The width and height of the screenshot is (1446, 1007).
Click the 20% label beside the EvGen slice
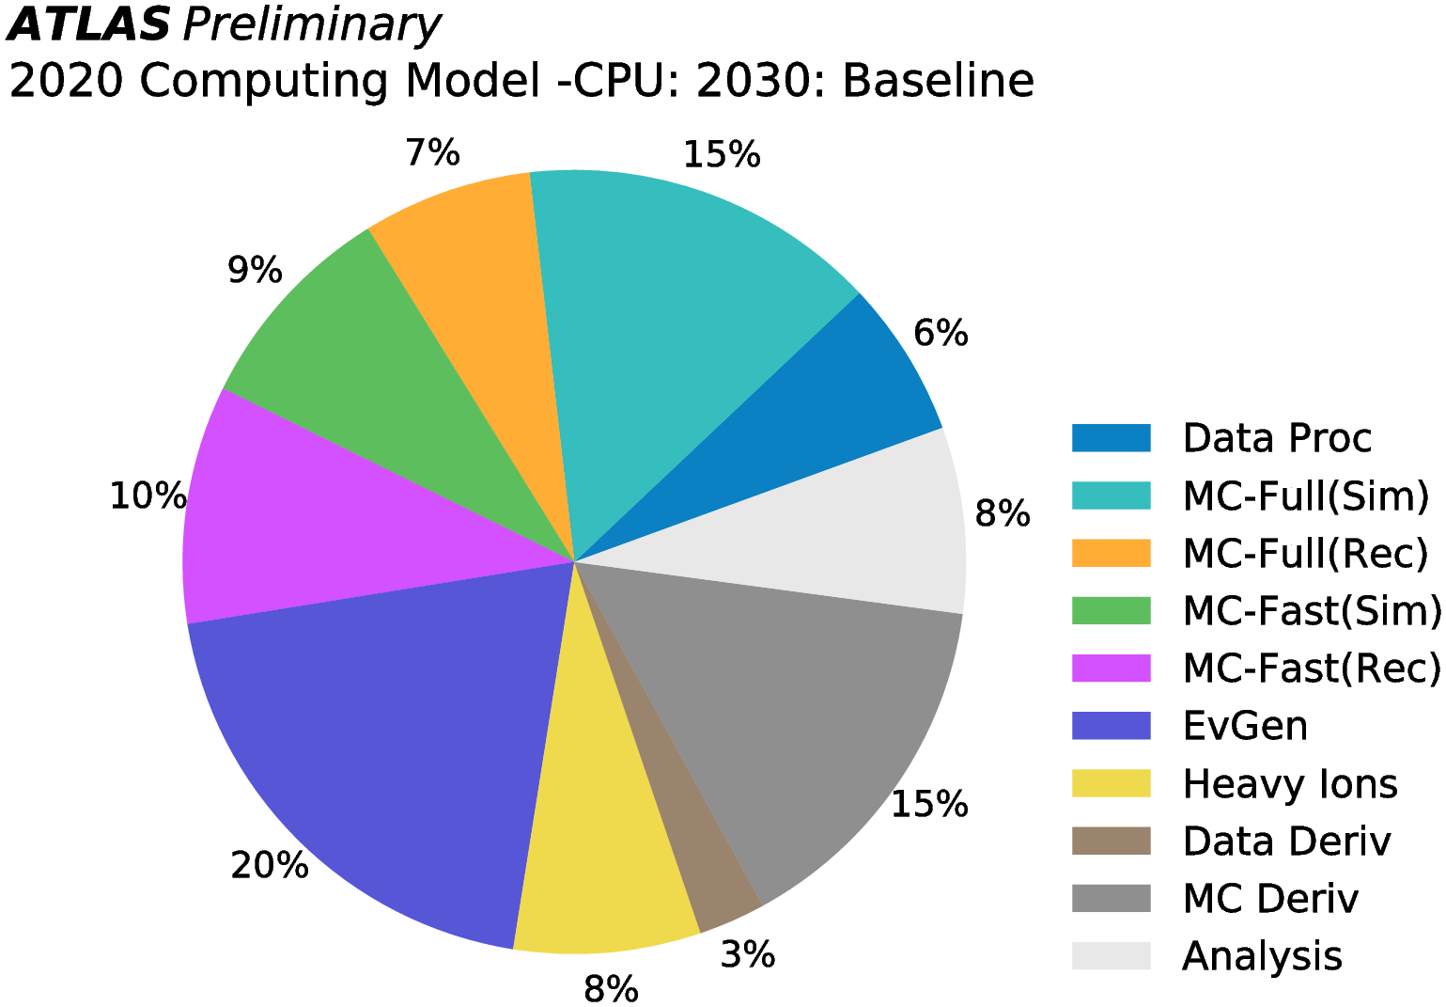point(269,865)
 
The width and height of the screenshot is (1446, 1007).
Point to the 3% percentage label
point(748,955)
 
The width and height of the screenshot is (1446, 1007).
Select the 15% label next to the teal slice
point(721,154)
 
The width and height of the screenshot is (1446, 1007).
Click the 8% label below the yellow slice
point(611,988)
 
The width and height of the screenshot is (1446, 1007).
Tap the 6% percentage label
point(941,333)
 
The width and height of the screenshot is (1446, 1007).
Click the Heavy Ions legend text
point(1289,784)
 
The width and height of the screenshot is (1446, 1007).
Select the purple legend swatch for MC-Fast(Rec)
point(1111,669)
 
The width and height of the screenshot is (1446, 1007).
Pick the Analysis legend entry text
point(1262,956)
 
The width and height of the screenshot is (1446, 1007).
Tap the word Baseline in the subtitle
point(938,81)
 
